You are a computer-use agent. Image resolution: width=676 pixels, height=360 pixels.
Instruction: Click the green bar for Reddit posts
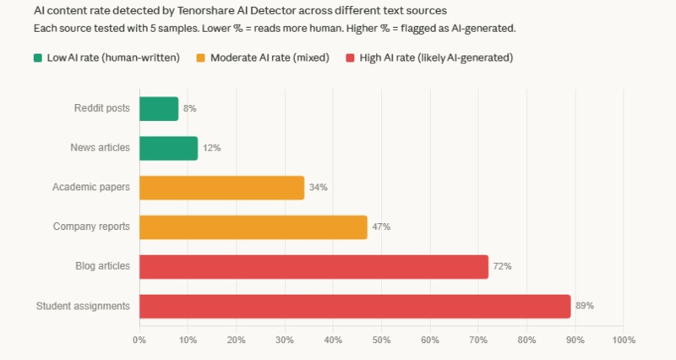point(159,109)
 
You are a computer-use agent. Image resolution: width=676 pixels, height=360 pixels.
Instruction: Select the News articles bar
point(168,148)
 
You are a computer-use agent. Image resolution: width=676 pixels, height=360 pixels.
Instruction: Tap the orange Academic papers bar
point(221,188)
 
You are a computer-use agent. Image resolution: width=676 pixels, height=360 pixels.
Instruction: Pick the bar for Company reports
point(253,226)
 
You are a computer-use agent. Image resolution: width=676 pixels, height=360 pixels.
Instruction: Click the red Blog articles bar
point(313,266)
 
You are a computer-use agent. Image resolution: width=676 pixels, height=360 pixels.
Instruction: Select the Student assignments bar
point(355,306)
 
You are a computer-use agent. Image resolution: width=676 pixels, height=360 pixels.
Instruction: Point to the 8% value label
point(190,109)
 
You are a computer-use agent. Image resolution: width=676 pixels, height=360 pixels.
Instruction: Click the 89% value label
point(585,306)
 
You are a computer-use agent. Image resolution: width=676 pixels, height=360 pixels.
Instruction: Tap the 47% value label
point(381,226)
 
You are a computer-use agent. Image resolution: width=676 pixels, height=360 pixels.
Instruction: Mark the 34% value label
point(318,188)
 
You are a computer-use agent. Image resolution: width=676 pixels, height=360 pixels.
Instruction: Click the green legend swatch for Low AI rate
point(38,58)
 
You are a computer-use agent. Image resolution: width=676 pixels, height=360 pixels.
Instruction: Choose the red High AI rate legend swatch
point(352,58)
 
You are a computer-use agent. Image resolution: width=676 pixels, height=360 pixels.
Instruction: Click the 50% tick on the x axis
point(381,341)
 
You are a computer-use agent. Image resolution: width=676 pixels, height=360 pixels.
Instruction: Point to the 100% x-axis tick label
point(623,341)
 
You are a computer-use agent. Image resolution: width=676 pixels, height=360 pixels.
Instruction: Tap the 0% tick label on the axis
point(139,341)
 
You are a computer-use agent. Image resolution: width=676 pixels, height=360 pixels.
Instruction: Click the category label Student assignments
point(83,306)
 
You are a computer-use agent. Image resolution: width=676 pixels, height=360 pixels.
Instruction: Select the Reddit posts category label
point(101,109)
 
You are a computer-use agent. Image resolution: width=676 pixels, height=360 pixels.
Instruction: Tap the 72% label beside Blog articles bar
point(502,266)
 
